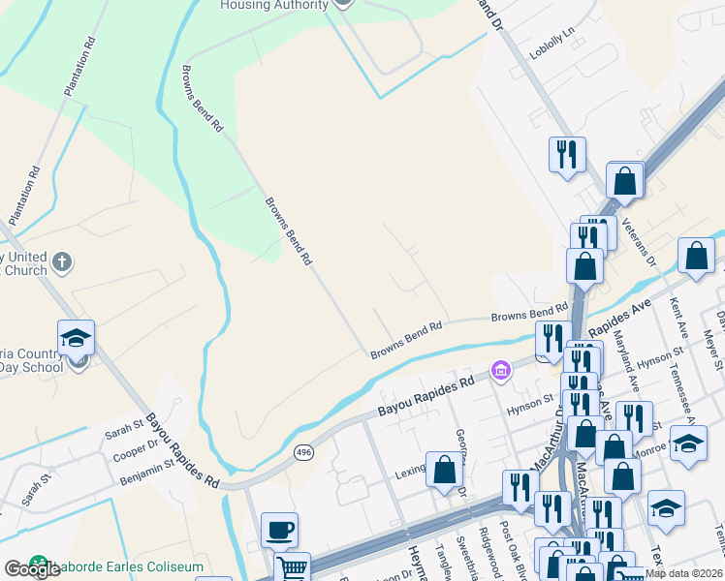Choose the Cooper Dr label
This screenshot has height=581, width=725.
[136, 447]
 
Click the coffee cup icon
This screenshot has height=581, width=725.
[279, 530]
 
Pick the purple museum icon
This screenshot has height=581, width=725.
[500, 369]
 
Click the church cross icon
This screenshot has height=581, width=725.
[62, 261]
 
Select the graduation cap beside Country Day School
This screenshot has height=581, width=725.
[76, 338]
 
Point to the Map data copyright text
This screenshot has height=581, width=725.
[683, 573]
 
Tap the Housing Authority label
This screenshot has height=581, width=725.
[274, 5]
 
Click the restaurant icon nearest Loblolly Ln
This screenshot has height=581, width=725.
[567, 154]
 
